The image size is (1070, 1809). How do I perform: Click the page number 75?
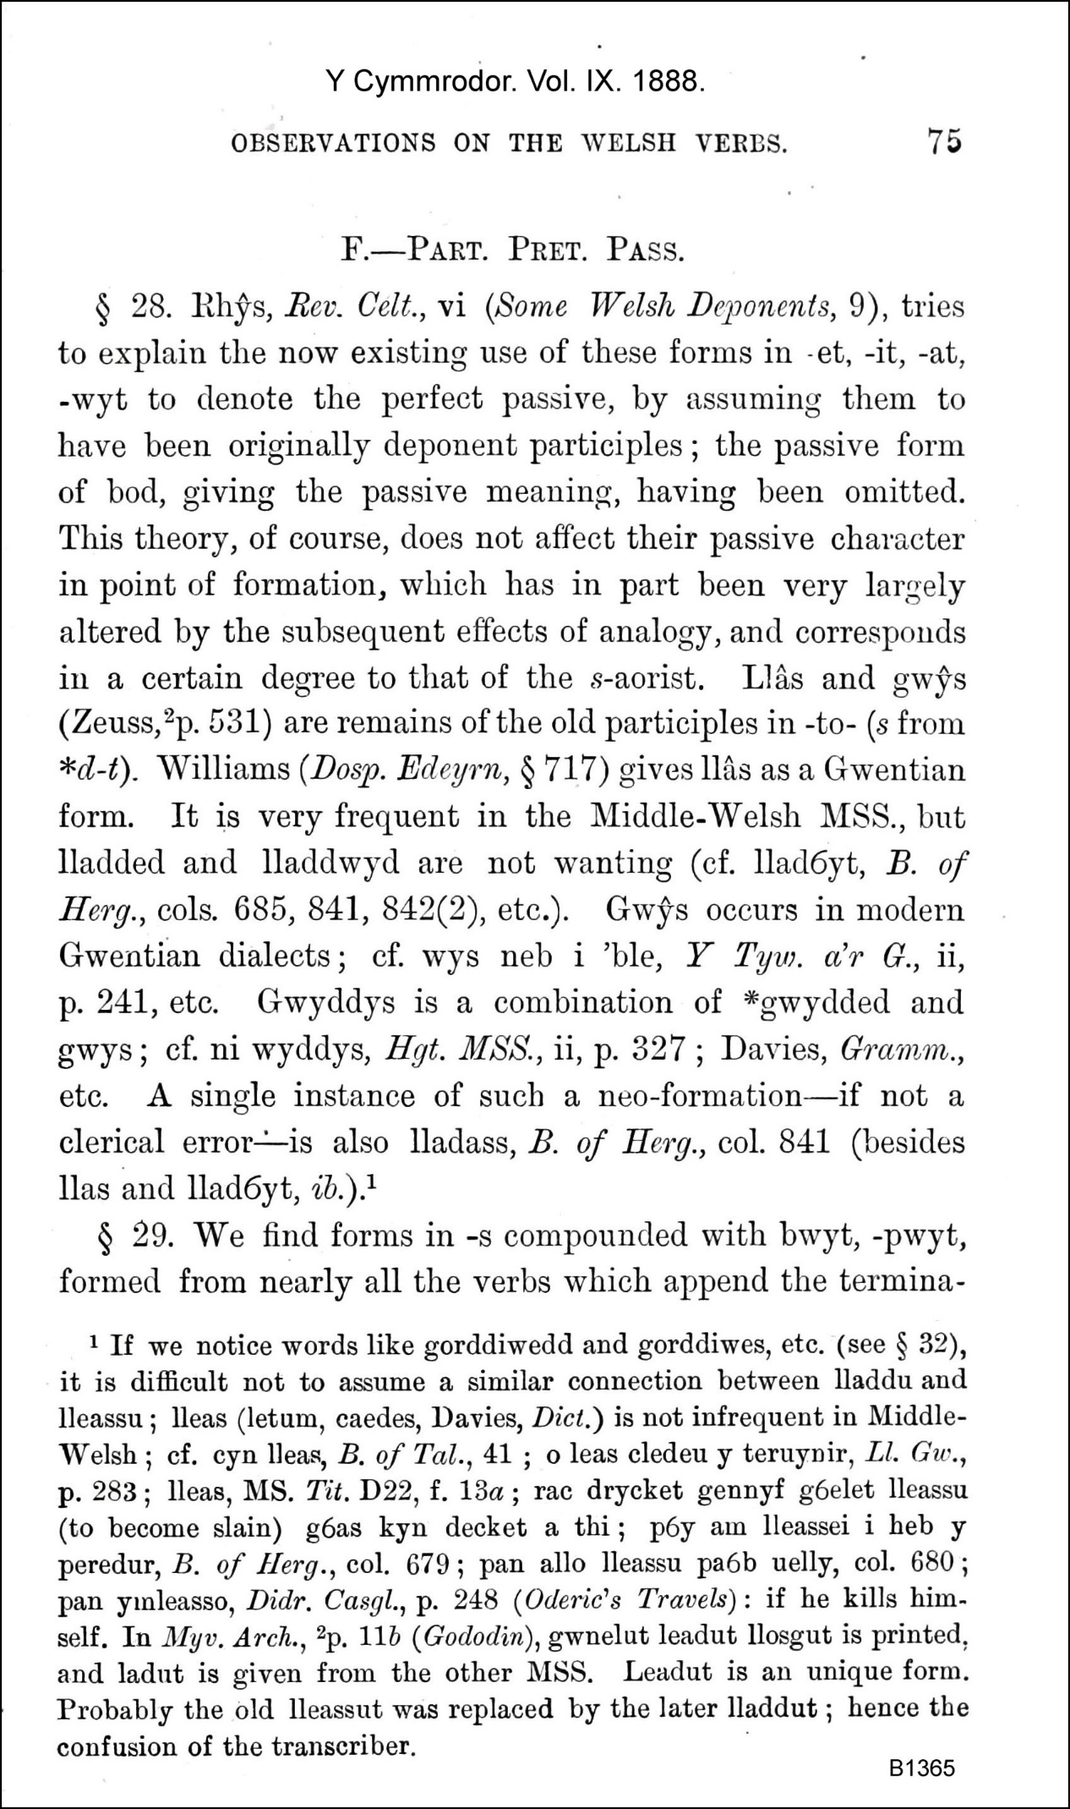[944, 140]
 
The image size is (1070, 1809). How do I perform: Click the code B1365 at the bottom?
[921, 1768]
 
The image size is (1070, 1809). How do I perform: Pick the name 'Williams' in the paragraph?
[223, 770]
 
